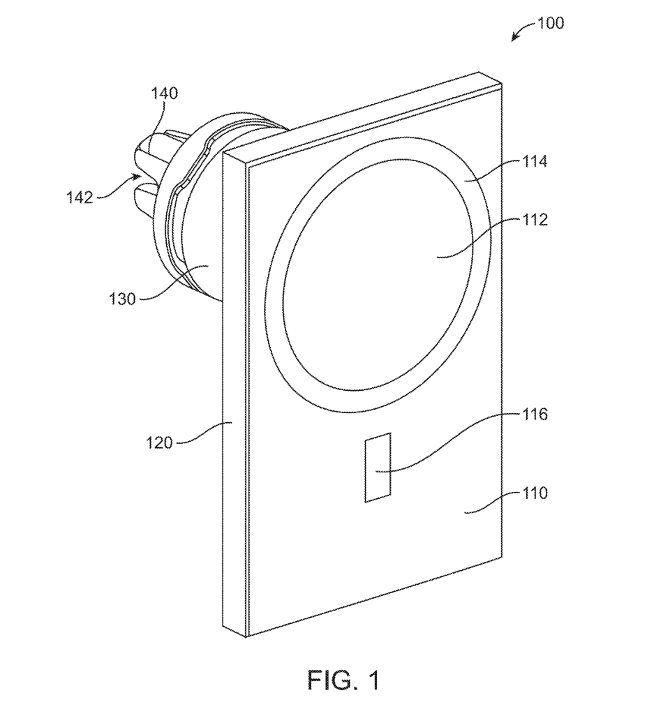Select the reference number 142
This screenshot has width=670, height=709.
pos(80,197)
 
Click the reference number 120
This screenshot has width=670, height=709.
pos(158,442)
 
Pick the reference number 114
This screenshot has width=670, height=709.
pos(536,162)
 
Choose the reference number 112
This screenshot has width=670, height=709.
pos(536,220)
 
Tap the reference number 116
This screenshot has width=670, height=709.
pos(535,415)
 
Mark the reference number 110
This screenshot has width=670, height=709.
pos(536,493)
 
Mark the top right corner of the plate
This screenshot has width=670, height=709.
pos(502,82)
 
